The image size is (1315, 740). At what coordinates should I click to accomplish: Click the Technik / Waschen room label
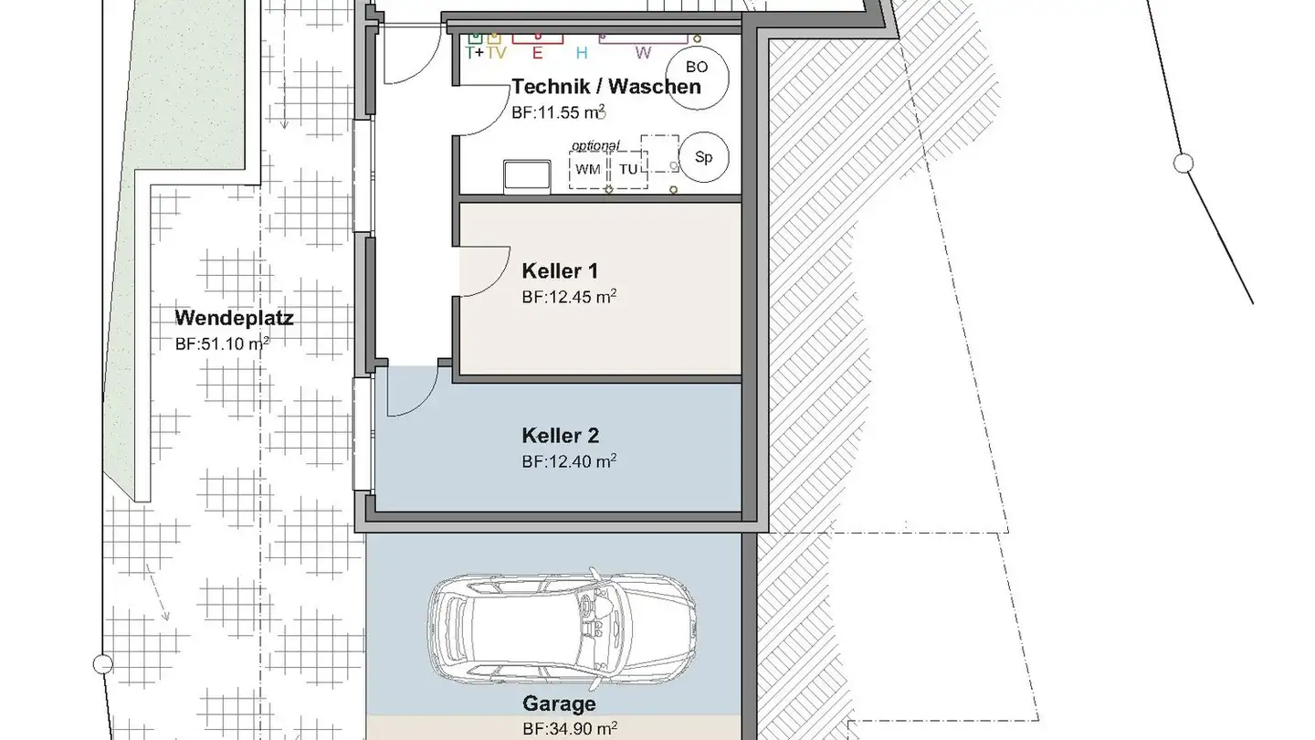[606, 87]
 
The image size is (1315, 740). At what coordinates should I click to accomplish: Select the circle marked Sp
[703, 158]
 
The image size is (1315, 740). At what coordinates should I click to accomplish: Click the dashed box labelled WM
[588, 170]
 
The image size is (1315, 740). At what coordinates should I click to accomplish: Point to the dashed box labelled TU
[628, 170]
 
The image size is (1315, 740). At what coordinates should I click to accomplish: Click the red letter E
[537, 53]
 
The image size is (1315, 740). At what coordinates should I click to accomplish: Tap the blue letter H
[581, 53]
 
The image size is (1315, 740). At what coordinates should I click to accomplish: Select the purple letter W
[643, 53]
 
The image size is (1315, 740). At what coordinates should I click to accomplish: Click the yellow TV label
[496, 52]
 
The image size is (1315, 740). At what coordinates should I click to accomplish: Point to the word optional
[595, 145]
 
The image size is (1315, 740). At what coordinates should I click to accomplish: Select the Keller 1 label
[560, 271]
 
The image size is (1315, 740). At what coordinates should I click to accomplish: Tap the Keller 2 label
[560, 436]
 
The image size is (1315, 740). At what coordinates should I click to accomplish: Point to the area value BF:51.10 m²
[222, 344]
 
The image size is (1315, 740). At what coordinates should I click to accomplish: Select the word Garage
[559, 703]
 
